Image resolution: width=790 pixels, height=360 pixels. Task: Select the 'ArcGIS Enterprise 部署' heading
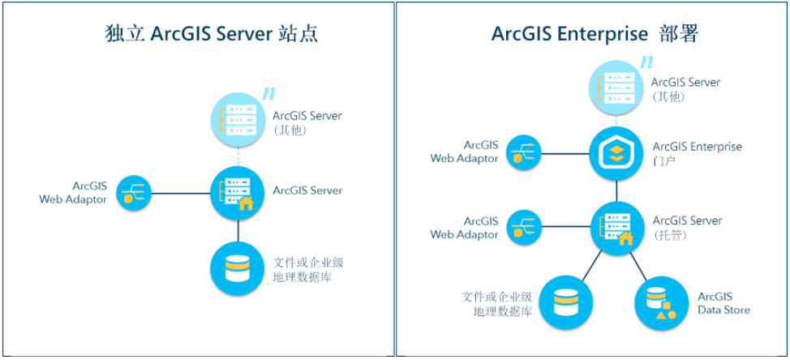click(x=595, y=34)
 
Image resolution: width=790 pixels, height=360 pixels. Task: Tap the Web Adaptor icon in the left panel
click(x=132, y=192)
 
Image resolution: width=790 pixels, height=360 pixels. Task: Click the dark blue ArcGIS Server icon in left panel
click(x=237, y=192)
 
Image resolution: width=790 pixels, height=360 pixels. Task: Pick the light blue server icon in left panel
click(x=237, y=120)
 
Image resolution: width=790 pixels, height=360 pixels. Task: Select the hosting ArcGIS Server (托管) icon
click(x=616, y=226)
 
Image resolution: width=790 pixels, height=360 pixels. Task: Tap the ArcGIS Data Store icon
click(x=660, y=302)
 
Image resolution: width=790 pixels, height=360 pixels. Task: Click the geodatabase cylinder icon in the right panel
click(x=565, y=302)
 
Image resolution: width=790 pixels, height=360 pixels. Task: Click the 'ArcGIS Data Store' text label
click(x=723, y=303)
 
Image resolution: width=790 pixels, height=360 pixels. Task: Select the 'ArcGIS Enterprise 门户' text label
click(x=697, y=154)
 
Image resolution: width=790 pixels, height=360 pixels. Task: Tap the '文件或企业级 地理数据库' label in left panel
click(x=301, y=270)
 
